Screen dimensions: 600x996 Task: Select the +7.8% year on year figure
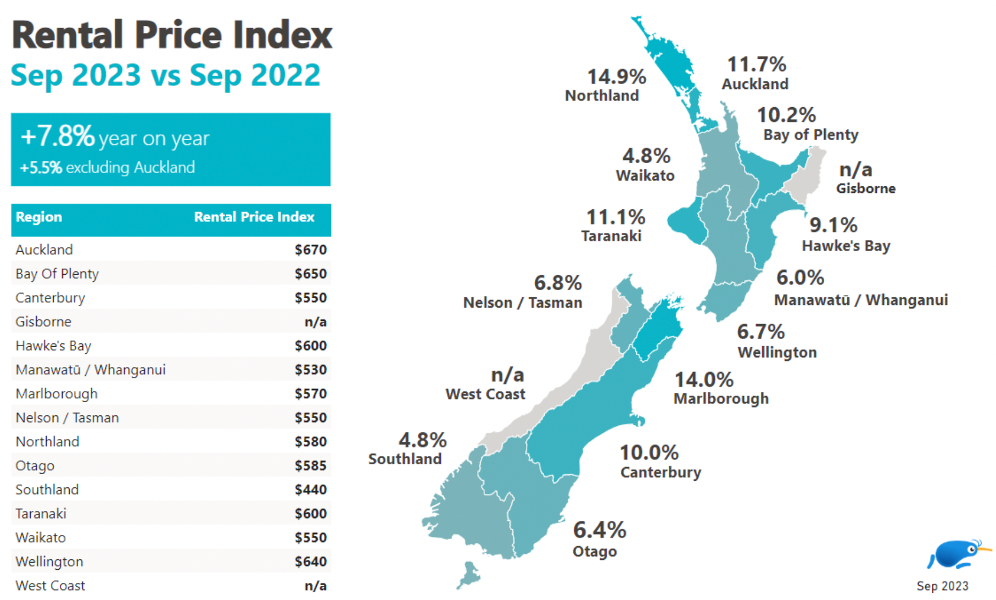click(58, 136)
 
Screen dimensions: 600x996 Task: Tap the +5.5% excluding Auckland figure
click(41, 167)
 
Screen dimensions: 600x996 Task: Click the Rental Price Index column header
click(254, 217)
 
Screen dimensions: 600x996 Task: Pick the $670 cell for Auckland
click(310, 250)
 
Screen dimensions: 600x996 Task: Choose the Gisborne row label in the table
click(43, 321)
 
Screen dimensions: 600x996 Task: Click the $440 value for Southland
click(310, 490)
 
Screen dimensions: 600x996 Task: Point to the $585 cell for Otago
click(310, 465)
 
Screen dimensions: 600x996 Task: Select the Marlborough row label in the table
click(57, 393)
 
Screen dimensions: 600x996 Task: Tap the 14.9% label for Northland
click(616, 77)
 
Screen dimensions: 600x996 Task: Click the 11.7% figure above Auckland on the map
click(756, 65)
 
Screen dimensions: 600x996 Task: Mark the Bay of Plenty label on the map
click(810, 135)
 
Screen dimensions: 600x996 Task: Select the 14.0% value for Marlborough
click(703, 380)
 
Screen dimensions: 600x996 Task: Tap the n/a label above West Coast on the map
click(507, 375)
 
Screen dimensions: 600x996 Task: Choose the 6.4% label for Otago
click(599, 531)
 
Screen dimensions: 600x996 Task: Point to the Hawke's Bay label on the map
click(846, 246)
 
